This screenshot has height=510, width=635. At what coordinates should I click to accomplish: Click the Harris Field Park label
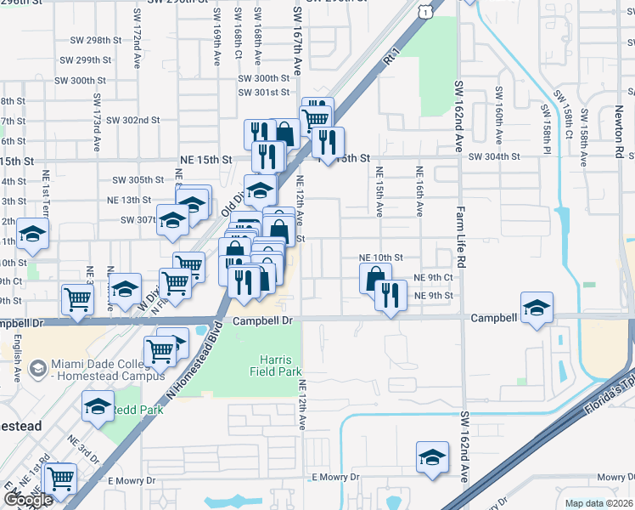(275, 364)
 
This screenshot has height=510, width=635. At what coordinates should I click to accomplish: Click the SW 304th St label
(493, 157)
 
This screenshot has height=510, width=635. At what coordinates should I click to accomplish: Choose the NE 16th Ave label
(419, 191)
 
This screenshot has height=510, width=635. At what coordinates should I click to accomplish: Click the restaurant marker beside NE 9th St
(390, 296)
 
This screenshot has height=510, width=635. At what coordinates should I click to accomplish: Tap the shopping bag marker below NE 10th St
(374, 278)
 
